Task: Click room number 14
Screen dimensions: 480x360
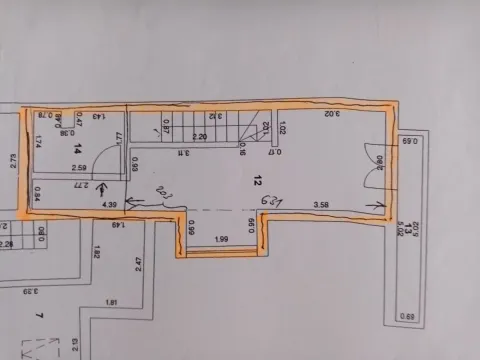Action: [x=78, y=148]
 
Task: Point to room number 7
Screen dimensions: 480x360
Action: [x=38, y=316]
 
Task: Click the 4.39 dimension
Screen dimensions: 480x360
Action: [x=111, y=205]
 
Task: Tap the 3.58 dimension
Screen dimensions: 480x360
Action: [x=321, y=205]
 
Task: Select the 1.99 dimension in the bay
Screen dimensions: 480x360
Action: [x=221, y=238]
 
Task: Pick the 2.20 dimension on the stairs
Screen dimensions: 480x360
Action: [x=200, y=137]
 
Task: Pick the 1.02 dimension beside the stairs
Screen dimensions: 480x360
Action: [x=284, y=128]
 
